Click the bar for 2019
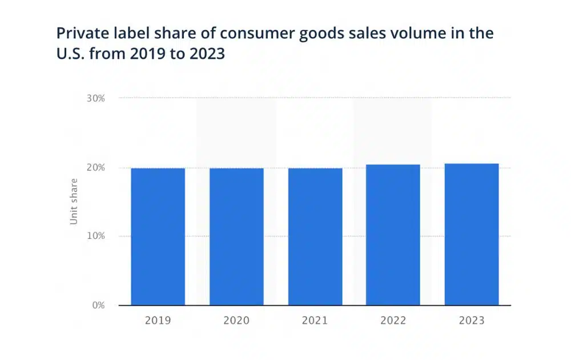tap(158, 237)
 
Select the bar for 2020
tap(236, 237)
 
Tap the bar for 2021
tap(315, 237)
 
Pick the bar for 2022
tap(393, 235)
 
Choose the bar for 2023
tap(472, 234)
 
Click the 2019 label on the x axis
tap(158, 321)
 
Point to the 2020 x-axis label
tap(236, 321)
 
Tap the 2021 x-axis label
tap(315, 321)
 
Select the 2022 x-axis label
tap(393, 321)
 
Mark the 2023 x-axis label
tap(472, 321)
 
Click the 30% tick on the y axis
tap(96, 98)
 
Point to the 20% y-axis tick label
tap(96, 167)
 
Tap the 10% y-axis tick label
tap(96, 236)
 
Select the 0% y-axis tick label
tap(98, 305)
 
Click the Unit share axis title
tap(74, 202)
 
